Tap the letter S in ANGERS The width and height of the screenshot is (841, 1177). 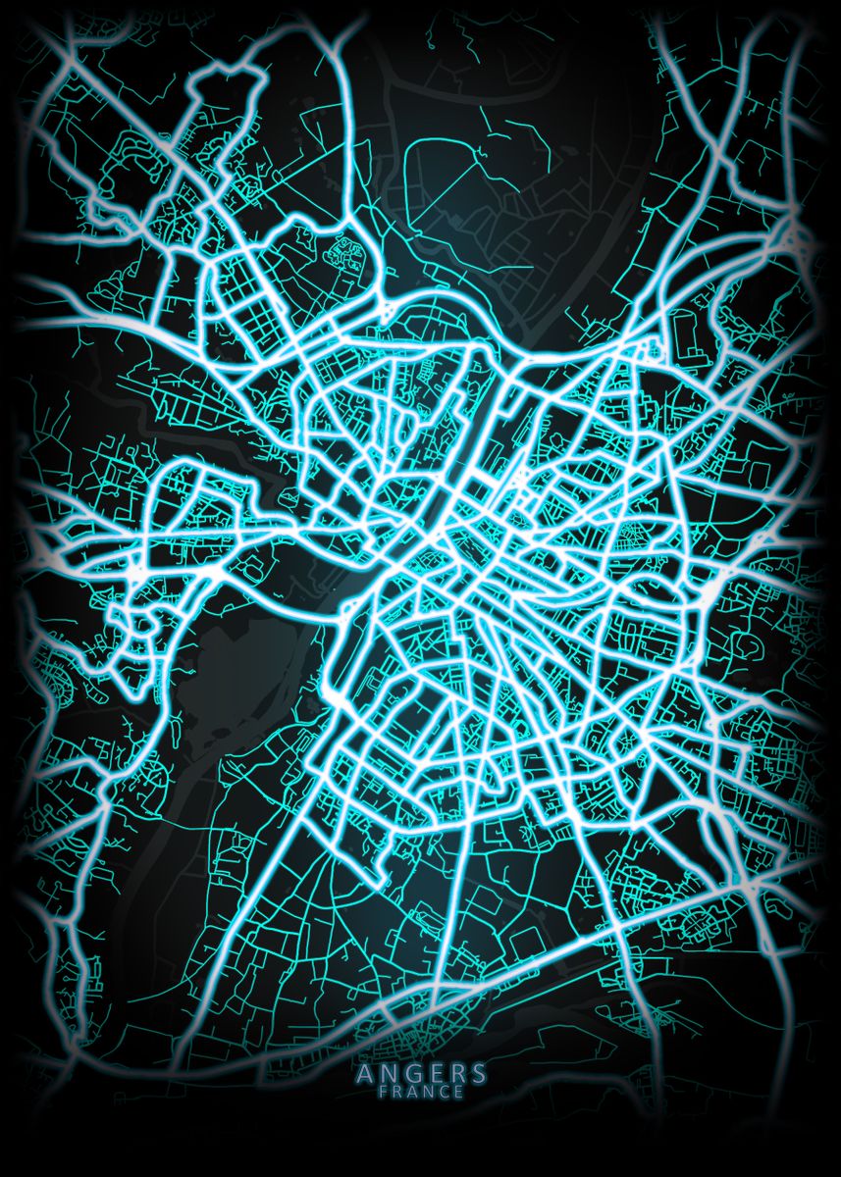(x=478, y=1075)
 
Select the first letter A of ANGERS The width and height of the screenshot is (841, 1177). (x=364, y=1075)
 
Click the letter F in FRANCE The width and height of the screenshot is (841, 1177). (x=384, y=1092)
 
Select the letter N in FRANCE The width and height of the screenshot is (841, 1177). (x=427, y=1092)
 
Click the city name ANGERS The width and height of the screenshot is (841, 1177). (x=421, y=1075)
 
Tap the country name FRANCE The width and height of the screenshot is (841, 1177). (x=420, y=1092)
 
